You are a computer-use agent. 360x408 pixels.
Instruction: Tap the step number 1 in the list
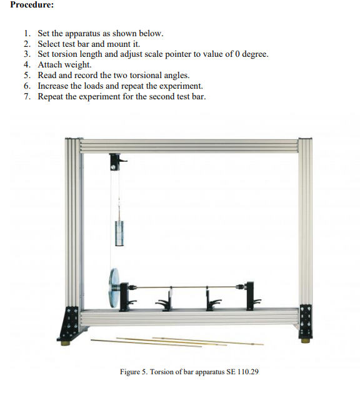pyautogui.click(x=26, y=32)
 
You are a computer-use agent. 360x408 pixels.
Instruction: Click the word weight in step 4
pyautogui.click(x=77, y=64)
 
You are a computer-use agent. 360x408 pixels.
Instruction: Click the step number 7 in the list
pyautogui.click(x=26, y=96)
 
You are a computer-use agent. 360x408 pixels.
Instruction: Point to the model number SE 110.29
pyautogui.click(x=241, y=372)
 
